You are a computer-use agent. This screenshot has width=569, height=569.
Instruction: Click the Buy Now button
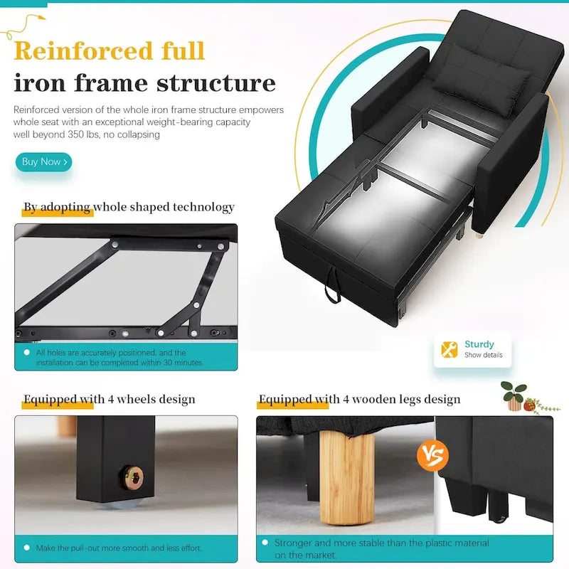(43, 162)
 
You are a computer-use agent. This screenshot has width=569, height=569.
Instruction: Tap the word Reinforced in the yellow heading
(83, 50)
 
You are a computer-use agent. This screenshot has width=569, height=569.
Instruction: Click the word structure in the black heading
(216, 83)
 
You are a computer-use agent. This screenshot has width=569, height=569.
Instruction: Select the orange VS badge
(432, 455)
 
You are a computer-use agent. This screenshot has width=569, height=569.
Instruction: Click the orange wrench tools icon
(450, 350)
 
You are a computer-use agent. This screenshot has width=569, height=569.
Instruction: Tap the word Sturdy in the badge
(479, 344)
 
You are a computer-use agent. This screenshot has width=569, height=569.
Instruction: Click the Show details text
(484, 355)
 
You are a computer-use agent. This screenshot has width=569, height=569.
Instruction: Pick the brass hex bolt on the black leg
(132, 477)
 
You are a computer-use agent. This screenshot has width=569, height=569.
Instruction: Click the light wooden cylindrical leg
(347, 478)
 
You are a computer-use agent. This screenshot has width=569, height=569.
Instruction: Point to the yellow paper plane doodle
(23, 26)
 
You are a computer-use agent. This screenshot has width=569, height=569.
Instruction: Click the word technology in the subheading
(203, 207)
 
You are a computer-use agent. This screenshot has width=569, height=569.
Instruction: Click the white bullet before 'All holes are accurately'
(26, 352)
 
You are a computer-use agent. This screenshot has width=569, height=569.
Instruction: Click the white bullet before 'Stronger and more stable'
(265, 542)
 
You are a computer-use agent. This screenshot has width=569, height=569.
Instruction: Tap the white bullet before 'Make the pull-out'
(26, 548)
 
